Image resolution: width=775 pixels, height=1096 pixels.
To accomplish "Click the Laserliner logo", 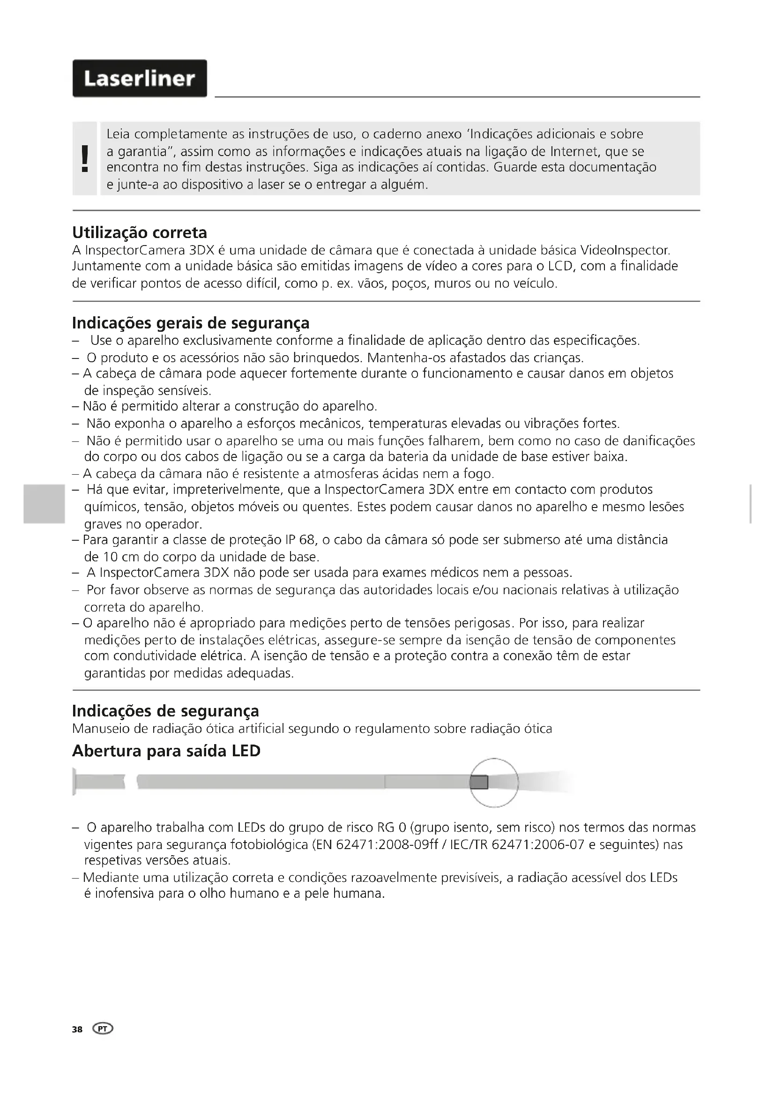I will coord(139,78).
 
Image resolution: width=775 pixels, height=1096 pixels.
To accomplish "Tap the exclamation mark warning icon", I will coord(85,158).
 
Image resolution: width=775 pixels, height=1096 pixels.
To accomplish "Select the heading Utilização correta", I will coord(139,233).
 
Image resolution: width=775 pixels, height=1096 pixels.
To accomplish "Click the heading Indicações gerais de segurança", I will coord(190,323).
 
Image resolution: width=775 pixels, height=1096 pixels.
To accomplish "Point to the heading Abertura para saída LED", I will coord(166,751).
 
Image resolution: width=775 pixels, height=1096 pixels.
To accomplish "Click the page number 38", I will coord(77,1029).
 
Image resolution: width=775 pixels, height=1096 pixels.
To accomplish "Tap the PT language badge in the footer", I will coord(104,1029).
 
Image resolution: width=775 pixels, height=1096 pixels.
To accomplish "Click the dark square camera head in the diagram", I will coord(479,783).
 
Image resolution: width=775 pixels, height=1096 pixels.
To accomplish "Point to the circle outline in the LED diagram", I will coord(494,759).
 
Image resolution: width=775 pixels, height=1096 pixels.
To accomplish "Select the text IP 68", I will coord(299,540).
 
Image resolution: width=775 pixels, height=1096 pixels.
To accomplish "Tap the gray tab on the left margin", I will coord(44,504).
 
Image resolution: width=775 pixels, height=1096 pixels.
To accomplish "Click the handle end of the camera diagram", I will coord(75,782).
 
